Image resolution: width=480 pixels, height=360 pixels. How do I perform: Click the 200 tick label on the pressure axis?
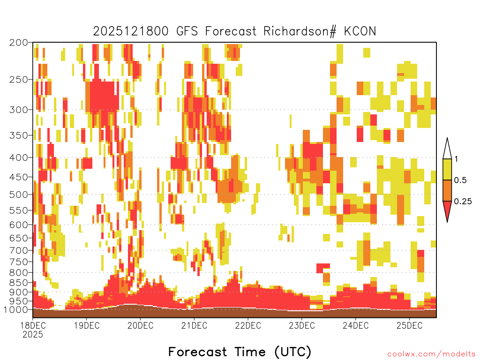pyautogui.click(x=19, y=43)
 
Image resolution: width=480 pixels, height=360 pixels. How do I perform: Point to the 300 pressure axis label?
pyautogui.click(x=19, y=110)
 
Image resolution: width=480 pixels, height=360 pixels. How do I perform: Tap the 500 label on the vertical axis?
pyautogui.click(x=19, y=195)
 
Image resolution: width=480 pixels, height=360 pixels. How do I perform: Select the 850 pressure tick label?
pyautogui.click(x=19, y=283)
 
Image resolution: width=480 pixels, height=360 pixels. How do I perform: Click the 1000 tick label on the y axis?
pyautogui.click(x=16, y=310)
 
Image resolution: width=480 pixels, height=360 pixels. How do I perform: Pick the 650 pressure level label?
pyautogui.click(x=19, y=238)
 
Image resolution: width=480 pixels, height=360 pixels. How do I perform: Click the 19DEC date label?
pyautogui.click(x=87, y=325)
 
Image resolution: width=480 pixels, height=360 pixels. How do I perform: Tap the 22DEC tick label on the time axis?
pyautogui.click(x=248, y=325)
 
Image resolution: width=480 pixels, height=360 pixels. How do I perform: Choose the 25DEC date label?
pyautogui.click(x=410, y=325)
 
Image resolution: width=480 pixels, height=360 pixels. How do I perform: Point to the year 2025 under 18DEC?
pyautogui.click(x=33, y=334)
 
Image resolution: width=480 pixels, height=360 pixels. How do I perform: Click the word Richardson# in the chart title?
pyautogui.click(x=300, y=31)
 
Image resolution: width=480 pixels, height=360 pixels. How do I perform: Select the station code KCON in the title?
pyautogui.click(x=360, y=31)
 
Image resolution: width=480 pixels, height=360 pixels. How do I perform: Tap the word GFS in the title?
pyautogui.click(x=187, y=31)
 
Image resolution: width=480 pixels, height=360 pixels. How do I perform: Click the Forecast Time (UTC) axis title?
pyautogui.click(x=240, y=352)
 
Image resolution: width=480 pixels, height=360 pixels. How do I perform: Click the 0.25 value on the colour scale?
pyautogui.click(x=463, y=202)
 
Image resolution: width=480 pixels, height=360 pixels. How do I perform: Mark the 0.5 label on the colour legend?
pyautogui.click(x=460, y=180)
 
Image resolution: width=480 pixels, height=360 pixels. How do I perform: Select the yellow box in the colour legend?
pyautogui.click(x=447, y=169)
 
